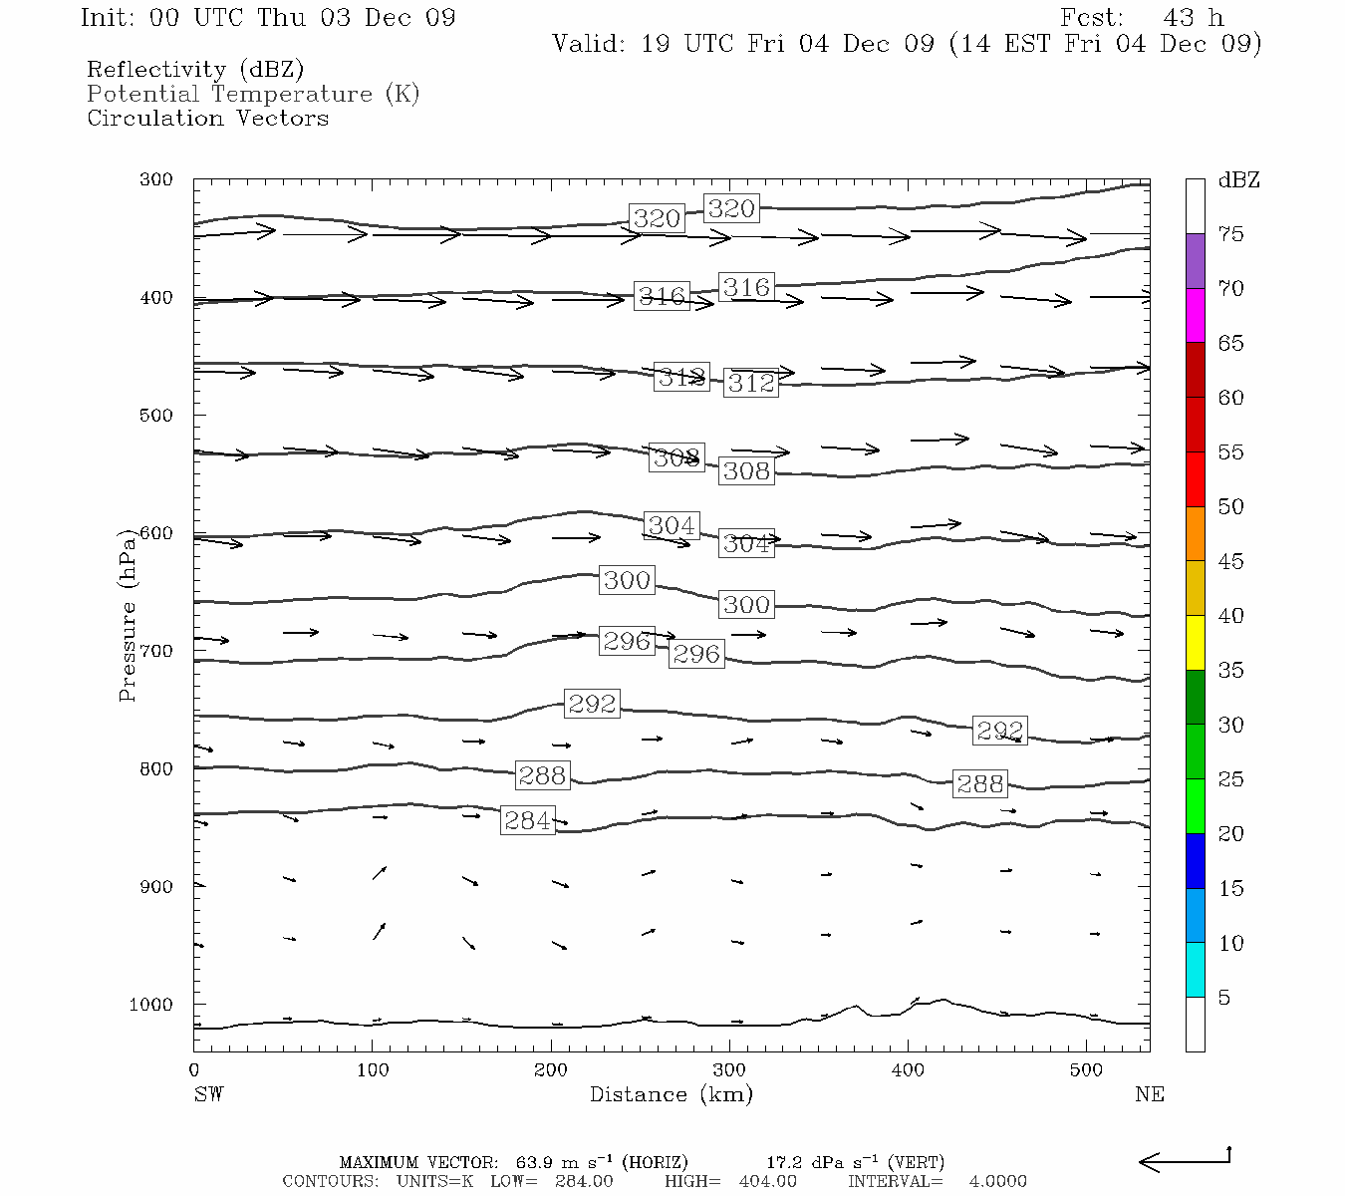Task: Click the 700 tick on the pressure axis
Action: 156,651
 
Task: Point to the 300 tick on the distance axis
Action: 729,1070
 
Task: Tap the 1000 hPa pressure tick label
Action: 150,1005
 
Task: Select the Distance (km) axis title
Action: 671,1094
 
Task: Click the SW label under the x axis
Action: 208,1094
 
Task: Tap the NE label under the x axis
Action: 1149,1094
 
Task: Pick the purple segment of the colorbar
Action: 1195,261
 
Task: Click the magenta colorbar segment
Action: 1195,315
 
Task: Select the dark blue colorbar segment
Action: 1195,860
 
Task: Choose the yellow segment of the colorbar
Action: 1195,643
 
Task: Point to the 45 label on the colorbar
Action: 1230,561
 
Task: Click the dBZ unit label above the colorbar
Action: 1238,180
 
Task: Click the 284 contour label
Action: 527,820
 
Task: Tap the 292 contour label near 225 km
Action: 592,704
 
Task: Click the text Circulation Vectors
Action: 207,118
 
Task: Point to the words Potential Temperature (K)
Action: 253,94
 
